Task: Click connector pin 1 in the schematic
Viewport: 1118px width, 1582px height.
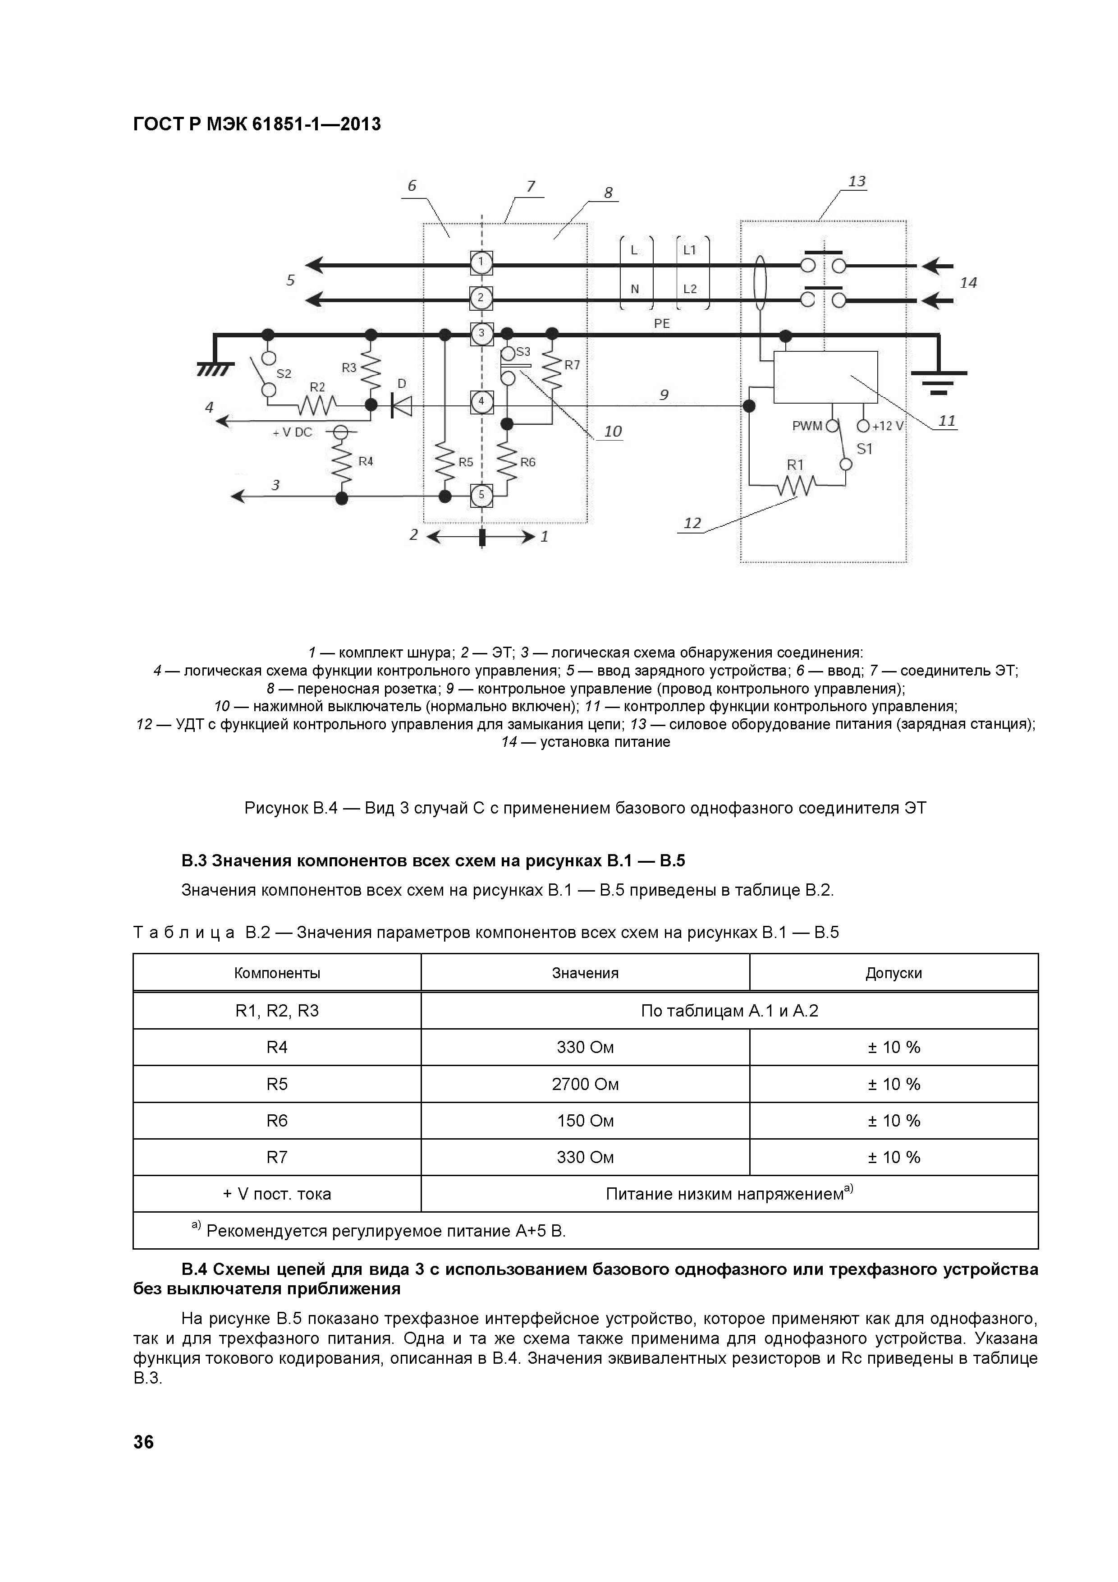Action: [481, 262]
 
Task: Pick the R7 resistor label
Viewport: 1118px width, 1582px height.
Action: [572, 365]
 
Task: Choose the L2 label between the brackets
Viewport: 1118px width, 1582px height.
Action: [690, 289]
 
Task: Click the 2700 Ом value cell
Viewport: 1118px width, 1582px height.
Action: [585, 1084]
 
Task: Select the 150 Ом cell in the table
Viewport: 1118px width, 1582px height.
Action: [585, 1120]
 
